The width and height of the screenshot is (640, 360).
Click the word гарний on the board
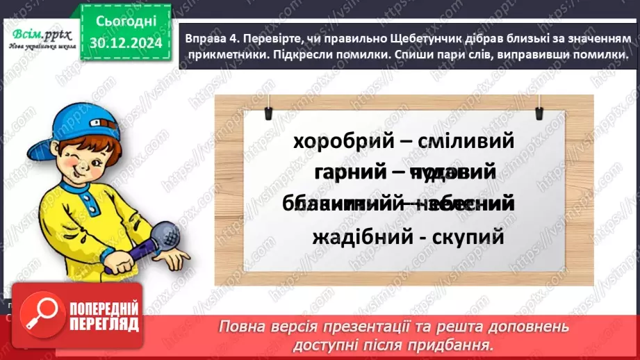pyautogui.click(x=350, y=173)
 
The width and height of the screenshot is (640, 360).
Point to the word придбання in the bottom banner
pyautogui.click(x=457, y=343)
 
